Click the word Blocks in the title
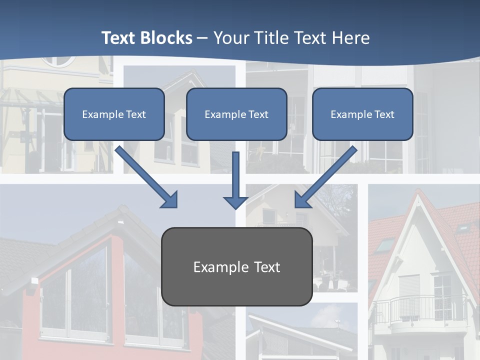click(x=167, y=38)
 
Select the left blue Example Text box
click(x=114, y=114)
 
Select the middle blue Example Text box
click(x=236, y=114)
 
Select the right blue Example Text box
click(x=362, y=114)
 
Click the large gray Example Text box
click(x=236, y=266)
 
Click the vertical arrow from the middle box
click(x=235, y=177)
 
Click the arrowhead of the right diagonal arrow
click(x=303, y=199)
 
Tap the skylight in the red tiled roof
click(x=383, y=245)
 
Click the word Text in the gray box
click(x=266, y=267)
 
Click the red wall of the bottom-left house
click(x=116, y=290)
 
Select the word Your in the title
click(x=230, y=38)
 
